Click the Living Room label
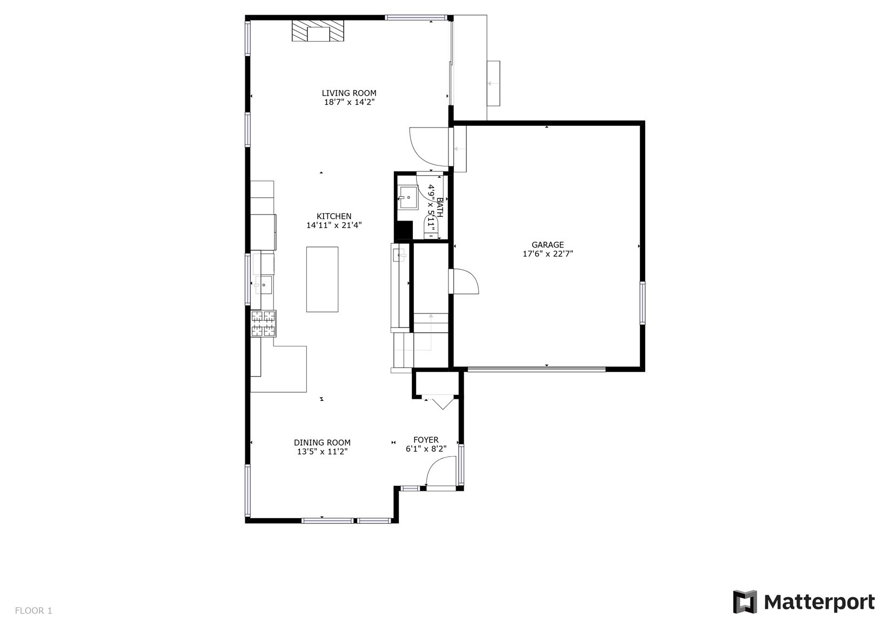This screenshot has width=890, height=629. pos(349,93)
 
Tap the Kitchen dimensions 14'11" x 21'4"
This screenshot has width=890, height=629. pos(334,225)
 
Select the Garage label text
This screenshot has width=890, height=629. pos(547,245)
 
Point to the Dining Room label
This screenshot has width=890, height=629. pos(322,442)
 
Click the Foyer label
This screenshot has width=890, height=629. pos(426,440)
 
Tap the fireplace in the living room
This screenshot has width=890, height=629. pos(318,31)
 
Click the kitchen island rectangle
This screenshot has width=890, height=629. pos(322,279)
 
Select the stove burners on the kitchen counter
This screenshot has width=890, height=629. pos(263,324)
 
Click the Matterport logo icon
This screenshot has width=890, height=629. pos(745,602)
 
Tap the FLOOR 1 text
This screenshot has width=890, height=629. pos(34,611)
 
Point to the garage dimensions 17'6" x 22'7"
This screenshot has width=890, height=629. pos(547,254)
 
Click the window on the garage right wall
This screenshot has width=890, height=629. pos(642,303)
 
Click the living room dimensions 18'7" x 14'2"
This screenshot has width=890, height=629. pos(349,102)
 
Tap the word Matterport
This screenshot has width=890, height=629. pos(819,603)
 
